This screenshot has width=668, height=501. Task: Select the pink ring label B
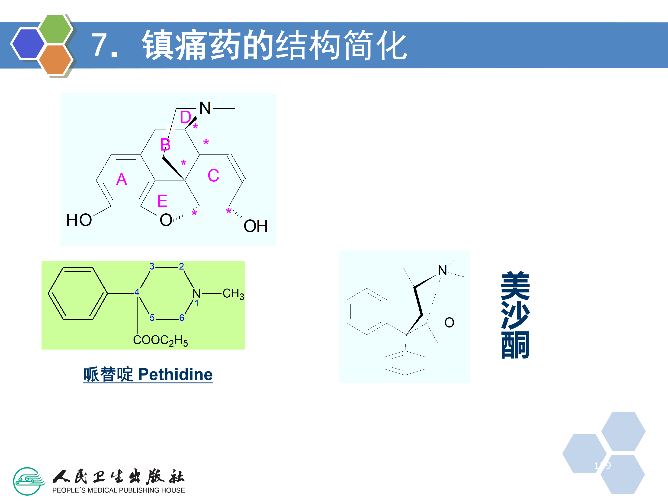(x=165, y=145)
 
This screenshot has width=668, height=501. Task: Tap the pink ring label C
(x=213, y=175)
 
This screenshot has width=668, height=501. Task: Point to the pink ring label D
(x=185, y=117)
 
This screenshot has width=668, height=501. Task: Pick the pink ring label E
(x=162, y=201)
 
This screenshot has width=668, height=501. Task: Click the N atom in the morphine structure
(x=205, y=108)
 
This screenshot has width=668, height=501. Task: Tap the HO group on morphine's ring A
(x=79, y=220)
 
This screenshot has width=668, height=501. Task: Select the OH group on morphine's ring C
(x=255, y=226)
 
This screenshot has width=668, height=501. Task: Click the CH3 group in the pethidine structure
(x=233, y=294)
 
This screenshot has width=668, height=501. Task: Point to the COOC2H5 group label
(x=160, y=340)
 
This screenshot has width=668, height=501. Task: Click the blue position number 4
(x=137, y=292)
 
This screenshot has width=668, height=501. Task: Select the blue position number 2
(x=181, y=266)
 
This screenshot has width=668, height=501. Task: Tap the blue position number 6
(x=181, y=318)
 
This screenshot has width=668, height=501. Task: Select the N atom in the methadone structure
(x=442, y=270)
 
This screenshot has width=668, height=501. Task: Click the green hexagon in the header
(x=55, y=29)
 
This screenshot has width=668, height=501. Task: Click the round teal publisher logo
(x=28, y=481)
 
